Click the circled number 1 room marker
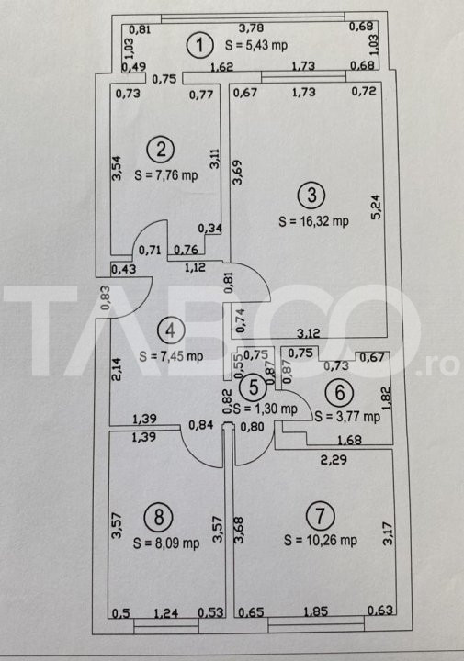199,45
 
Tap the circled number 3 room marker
311,195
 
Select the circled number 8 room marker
159,516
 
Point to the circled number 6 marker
340,393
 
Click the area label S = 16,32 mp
313,221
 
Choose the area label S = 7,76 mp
165,174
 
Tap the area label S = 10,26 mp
320,540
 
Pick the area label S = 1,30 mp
266,408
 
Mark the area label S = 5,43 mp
256,45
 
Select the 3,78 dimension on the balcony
251,28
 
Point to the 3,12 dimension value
309,333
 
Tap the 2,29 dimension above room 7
334,459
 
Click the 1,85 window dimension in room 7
316,611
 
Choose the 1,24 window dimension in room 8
165,612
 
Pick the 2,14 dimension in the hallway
117,369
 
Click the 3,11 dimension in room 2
215,159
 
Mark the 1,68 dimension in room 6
349,440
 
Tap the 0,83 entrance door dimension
106,298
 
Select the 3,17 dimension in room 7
387,533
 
